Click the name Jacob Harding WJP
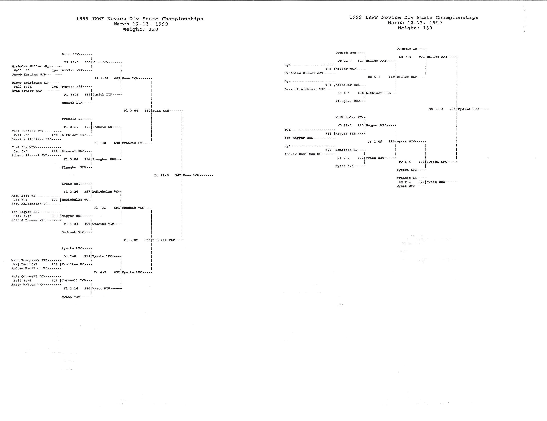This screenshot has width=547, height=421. pos(28,74)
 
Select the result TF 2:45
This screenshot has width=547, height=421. pos(375,142)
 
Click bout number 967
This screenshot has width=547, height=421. pos(178,175)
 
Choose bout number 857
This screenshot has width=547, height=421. pos(147,111)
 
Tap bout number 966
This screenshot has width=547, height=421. pos(452,109)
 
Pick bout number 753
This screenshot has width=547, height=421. pos(328,69)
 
